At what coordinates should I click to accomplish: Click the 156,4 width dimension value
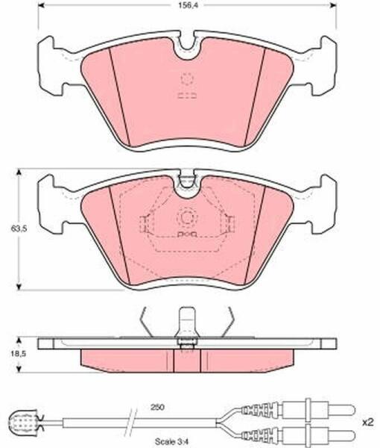[x=188, y=6]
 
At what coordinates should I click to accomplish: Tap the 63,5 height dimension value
[x=19, y=228]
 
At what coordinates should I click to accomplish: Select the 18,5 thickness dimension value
[x=19, y=353]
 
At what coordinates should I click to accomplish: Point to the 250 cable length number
[x=158, y=407]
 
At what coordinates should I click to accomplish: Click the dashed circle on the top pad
[x=187, y=78]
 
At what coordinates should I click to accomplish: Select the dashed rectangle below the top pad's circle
[x=187, y=96]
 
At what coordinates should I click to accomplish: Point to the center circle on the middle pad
[x=187, y=218]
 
